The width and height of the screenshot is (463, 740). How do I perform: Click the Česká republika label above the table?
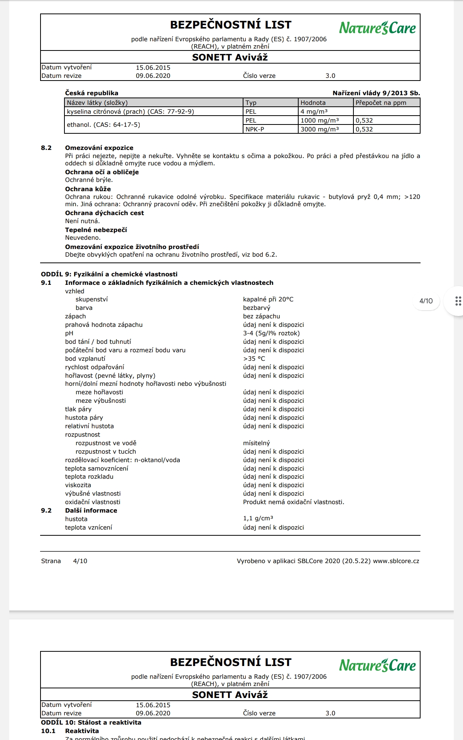[91, 93]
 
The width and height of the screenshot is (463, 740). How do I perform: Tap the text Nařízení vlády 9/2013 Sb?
[376, 93]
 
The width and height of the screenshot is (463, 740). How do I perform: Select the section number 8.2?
[46, 148]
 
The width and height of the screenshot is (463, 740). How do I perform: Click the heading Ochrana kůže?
[88, 189]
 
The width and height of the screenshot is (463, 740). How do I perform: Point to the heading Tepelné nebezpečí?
[96, 230]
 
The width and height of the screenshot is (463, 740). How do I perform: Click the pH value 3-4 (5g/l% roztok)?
[271, 333]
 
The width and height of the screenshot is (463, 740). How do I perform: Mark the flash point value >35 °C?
[254, 359]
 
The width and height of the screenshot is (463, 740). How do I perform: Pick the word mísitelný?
[257, 443]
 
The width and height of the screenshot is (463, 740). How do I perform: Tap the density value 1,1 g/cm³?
[258, 519]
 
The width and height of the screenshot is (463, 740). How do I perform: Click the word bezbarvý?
[257, 308]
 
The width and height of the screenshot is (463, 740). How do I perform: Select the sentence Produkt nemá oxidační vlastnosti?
[294, 502]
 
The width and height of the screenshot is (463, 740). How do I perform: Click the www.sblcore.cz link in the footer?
[396, 561]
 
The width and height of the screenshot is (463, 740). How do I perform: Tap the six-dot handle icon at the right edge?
[458, 301]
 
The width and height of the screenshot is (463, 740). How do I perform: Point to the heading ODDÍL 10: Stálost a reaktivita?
[91, 723]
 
